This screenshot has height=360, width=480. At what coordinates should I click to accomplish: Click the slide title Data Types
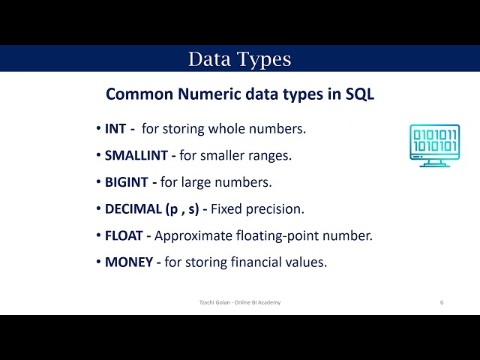tap(239, 58)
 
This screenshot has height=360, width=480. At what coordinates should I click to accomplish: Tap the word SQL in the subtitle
tap(359, 94)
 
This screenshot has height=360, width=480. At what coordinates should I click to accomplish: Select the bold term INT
tap(115, 129)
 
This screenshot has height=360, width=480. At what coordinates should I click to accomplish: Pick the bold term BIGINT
tap(125, 182)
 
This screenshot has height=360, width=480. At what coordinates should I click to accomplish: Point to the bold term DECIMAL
tap(132, 209)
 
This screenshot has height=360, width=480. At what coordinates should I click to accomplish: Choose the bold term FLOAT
tap(123, 235)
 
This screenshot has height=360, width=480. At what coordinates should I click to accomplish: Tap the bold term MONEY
tap(128, 262)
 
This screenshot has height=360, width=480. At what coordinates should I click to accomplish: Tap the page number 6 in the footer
tap(442, 302)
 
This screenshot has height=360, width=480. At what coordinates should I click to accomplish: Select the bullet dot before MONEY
tap(98, 262)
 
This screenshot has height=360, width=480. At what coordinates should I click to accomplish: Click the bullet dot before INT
tap(98, 129)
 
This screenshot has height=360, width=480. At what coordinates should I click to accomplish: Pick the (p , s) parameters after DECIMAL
tap(181, 209)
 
